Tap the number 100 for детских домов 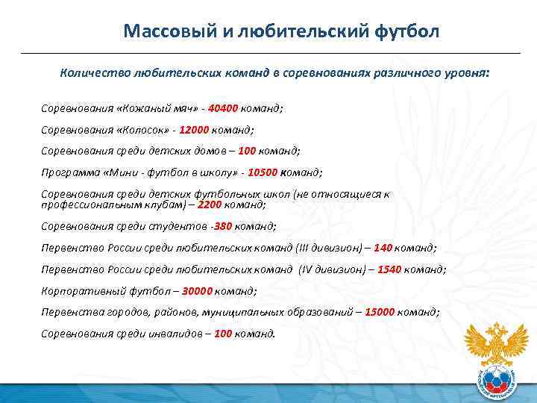pos(247,150)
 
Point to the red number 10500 pos(263,172)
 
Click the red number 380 pos(223,225)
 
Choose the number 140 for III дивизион pos(383,247)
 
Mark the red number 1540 pos(389,269)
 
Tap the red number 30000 pos(197,290)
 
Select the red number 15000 pos(380,312)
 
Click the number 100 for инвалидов pos(223,334)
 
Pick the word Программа pos(68,172)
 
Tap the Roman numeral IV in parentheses pos(307,269)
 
